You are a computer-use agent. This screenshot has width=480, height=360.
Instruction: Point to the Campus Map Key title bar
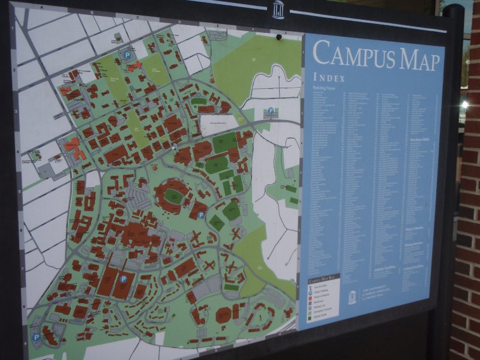[x=323, y=280]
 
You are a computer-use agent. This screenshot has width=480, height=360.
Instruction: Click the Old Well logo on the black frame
[x=278, y=10]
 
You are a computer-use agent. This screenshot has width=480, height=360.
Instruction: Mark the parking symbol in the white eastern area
[x=271, y=111]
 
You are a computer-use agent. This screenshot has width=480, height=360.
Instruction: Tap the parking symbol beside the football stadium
[x=202, y=215]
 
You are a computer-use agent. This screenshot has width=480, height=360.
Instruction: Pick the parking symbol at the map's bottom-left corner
[x=36, y=337]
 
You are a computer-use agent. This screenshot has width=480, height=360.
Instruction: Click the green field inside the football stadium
[x=173, y=196]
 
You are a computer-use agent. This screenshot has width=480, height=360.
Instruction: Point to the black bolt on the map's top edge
[x=278, y=37]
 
